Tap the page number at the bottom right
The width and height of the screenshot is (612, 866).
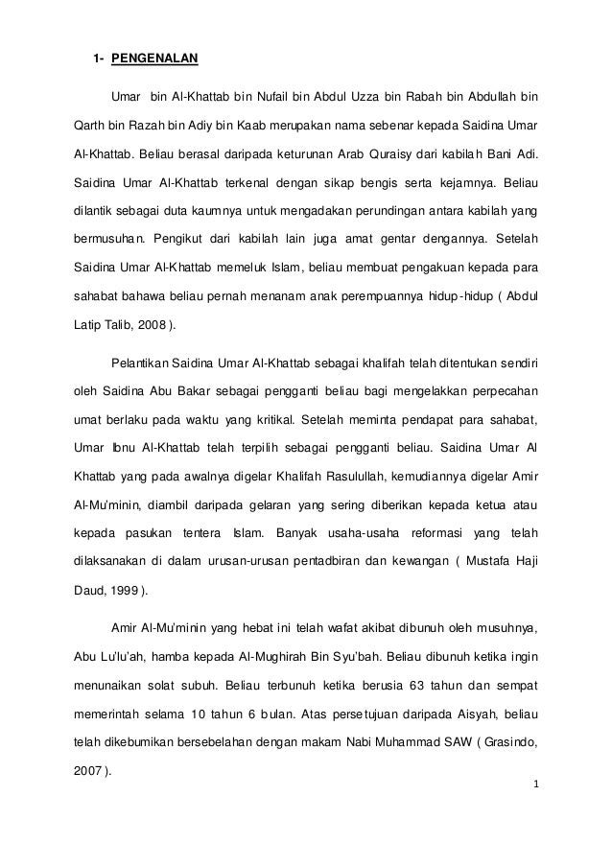[x=537, y=784]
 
